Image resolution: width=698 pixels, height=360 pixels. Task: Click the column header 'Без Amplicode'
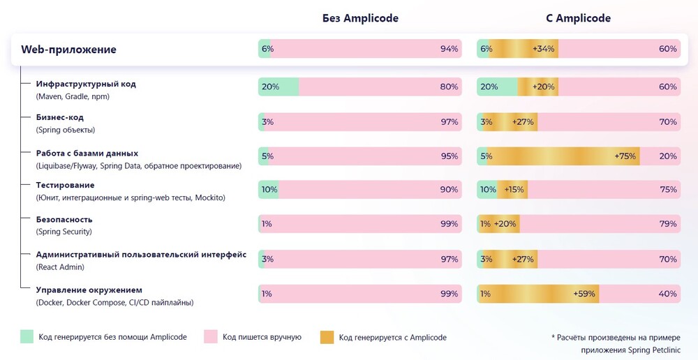point(360,18)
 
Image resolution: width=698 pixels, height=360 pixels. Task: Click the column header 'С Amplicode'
point(578,18)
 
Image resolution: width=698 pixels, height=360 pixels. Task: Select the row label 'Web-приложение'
point(68,50)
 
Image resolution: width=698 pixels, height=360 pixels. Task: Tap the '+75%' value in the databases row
point(625,156)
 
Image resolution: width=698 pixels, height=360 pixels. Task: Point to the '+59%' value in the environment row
point(584,294)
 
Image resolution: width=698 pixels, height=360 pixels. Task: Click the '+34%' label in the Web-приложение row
point(544,49)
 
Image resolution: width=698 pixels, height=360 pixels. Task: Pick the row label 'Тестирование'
point(65,185)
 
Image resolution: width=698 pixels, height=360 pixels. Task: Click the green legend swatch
point(27,337)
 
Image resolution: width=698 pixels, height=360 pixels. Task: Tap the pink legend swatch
point(210,337)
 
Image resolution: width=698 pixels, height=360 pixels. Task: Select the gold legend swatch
point(327,337)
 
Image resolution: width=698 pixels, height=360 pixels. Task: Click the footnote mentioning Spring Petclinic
point(616,343)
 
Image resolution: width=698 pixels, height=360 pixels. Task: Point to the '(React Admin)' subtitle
point(60,267)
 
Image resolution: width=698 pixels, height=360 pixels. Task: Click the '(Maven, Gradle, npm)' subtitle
point(73,96)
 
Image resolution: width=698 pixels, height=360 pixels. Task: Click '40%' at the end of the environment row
point(667,294)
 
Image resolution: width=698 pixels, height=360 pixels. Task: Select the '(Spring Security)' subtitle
point(64,232)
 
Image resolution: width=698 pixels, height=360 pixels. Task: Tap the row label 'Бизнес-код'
point(60,117)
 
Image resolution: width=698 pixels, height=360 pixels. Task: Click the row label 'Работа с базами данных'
point(87,153)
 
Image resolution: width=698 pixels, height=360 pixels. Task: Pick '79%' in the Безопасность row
point(667,225)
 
